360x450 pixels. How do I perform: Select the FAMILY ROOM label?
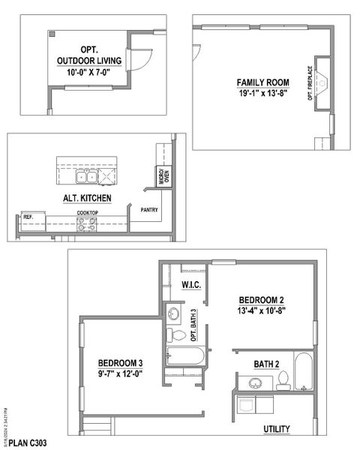[259, 82]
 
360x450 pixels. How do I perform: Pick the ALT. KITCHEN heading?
[87, 198]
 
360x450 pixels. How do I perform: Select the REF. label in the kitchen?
[28, 217]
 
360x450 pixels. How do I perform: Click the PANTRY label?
[148, 210]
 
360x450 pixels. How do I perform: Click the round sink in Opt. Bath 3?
[173, 313]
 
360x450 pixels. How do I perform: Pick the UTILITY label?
[277, 429]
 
